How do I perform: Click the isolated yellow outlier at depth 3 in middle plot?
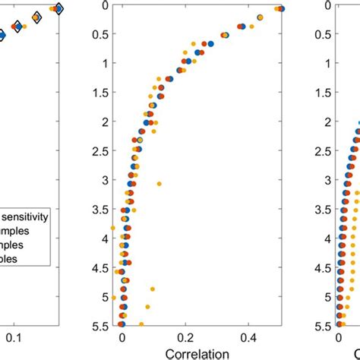click(x=159, y=184)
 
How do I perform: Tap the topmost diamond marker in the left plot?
click(x=59, y=8)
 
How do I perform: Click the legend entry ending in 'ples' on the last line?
click(x=15, y=259)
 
